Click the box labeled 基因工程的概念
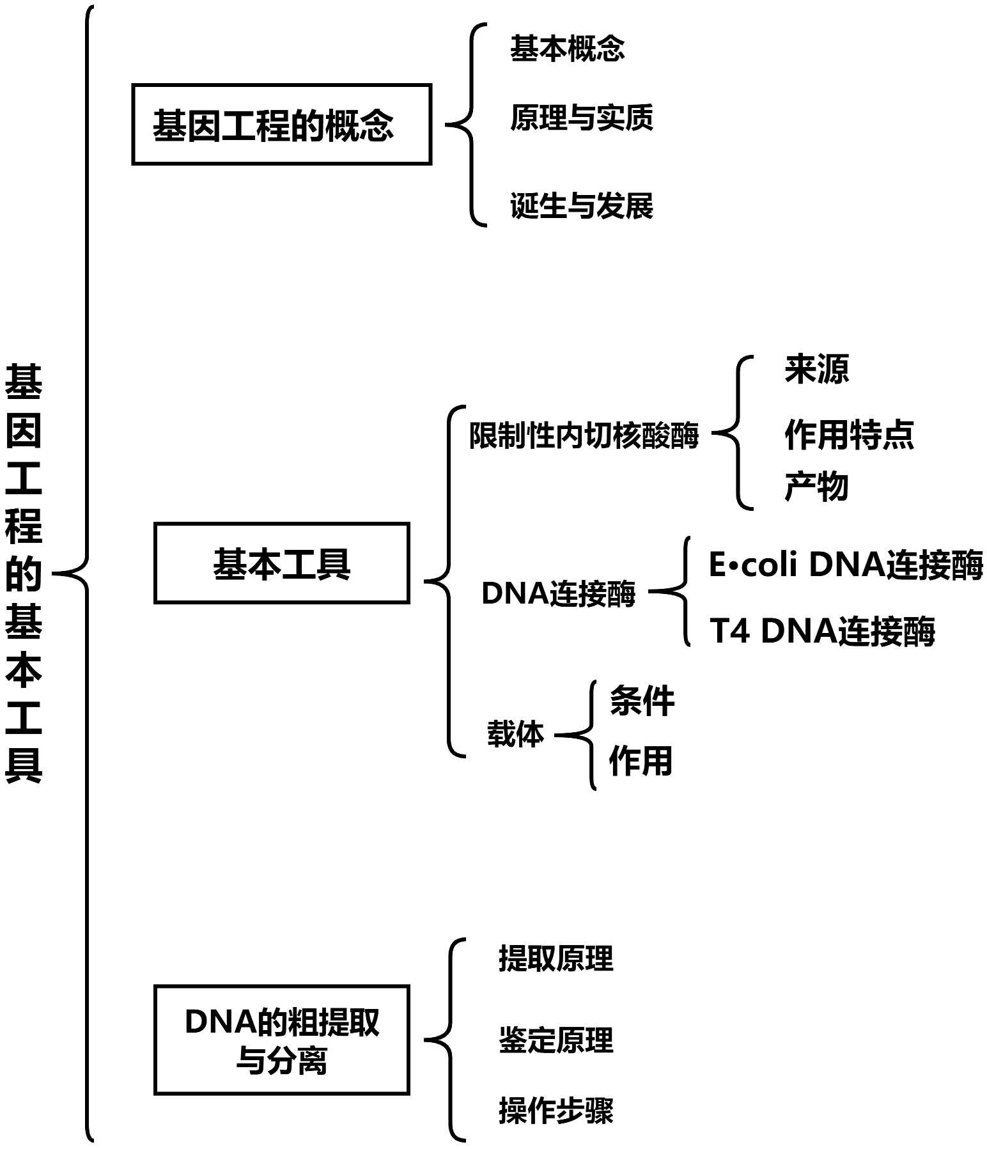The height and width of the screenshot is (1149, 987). click(x=281, y=125)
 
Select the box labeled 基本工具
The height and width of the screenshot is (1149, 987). click(x=281, y=563)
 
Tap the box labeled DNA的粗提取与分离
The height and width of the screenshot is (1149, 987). click(x=281, y=1040)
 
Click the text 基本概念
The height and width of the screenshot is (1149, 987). click(x=567, y=49)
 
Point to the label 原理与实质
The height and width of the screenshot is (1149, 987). click(x=581, y=118)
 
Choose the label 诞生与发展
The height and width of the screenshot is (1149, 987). click(x=581, y=206)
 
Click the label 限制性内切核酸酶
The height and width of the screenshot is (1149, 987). click(x=584, y=436)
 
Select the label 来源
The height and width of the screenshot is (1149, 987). click(x=816, y=370)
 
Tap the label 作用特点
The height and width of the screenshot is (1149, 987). click(x=849, y=435)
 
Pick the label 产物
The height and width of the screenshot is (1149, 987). click(x=816, y=487)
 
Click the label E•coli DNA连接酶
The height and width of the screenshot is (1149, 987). click(x=845, y=565)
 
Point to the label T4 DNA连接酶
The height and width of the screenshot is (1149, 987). click(x=822, y=630)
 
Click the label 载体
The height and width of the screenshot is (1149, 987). click(x=515, y=733)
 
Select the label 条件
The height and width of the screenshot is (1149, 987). click(x=641, y=701)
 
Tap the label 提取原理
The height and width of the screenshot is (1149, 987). click(x=556, y=958)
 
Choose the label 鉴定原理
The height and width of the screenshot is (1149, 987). click(x=556, y=1040)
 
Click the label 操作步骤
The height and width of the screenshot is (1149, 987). click(x=556, y=1111)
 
